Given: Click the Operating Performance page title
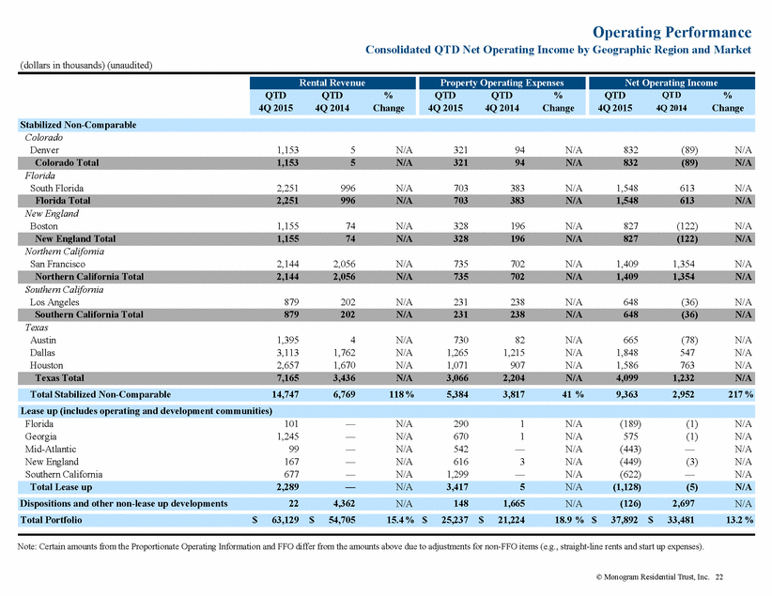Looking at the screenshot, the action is [x=672, y=32].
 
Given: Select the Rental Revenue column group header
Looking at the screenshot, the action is [x=332, y=83].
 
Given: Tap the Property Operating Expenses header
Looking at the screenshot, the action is [x=502, y=83].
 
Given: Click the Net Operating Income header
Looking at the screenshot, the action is [x=672, y=83].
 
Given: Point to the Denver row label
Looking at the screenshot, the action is [x=44, y=150].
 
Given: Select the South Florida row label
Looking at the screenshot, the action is [x=56, y=188].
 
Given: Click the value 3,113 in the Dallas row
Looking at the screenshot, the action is [x=287, y=353].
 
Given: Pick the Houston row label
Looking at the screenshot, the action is [x=46, y=365].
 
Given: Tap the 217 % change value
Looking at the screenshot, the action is [x=740, y=394].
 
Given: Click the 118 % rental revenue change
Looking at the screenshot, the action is [x=401, y=394].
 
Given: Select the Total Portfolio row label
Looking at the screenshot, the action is [x=51, y=520].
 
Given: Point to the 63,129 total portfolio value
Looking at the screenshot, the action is [x=286, y=520].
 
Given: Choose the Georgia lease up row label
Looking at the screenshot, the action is [x=40, y=436].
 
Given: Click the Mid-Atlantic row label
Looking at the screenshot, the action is [x=50, y=449].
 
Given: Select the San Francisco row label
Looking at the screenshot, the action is [x=57, y=264].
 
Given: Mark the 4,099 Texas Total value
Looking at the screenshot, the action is [x=626, y=378].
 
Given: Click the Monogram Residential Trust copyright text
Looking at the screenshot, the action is [x=653, y=577].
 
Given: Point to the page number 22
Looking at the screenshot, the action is [x=719, y=577].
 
